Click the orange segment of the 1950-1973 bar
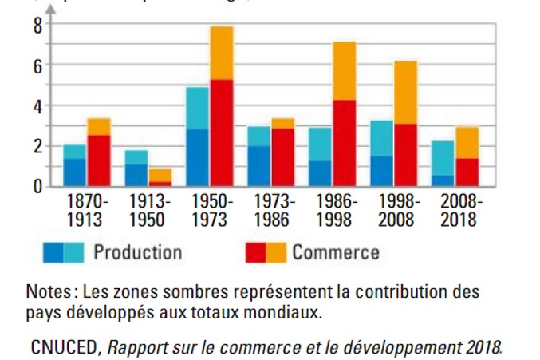pyautogui.click(x=222, y=53)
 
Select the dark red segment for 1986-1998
pyautogui.click(x=345, y=142)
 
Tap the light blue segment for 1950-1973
pyautogui.click(x=198, y=108)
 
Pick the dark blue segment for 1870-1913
pyautogui.click(x=74, y=172)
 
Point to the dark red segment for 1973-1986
pyautogui.click(x=282, y=156)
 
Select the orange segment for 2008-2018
pyautogui.click(x=467, y=142)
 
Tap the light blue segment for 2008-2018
pyautogui.click(x=443, y=157)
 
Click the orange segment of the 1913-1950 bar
pyautogui.click(x=160, y=175)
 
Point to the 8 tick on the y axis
pyautogui.click(x=37, y=25)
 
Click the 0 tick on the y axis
pyautogui.click(x=37, y=187)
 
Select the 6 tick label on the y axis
pyautogui.click(x=37, y=65)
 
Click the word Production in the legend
pyautogui.click(x=137, y=253)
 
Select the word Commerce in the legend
pyautogui.click(x=335, y=253)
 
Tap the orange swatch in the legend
pyautogui.click(x=275, y=253)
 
